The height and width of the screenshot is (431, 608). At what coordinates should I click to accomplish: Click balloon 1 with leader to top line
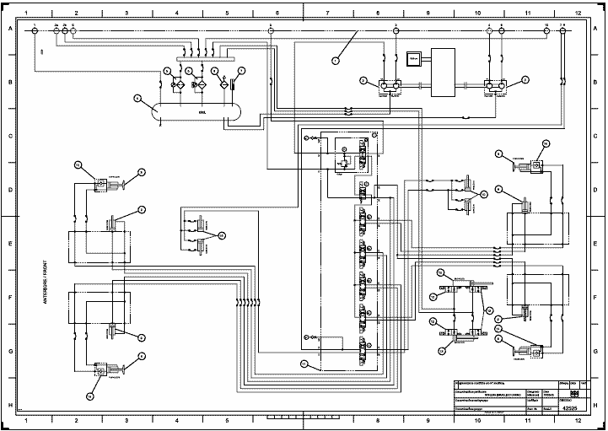(x=335, y=61)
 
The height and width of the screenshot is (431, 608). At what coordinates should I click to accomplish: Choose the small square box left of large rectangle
(x=413, y=58)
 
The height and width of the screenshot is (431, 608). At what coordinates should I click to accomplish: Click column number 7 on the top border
(x=326, y=14)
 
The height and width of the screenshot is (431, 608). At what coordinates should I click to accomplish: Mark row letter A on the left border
(x=9, y=29)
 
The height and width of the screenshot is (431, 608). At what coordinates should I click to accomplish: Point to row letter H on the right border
(x=599, y=405)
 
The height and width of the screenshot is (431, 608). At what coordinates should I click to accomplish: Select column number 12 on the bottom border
(x=578, y=420)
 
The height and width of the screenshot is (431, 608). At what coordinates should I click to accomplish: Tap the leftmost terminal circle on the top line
(x=35, y=30)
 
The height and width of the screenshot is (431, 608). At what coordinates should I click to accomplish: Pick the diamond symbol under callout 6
(x=223, y=84)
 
